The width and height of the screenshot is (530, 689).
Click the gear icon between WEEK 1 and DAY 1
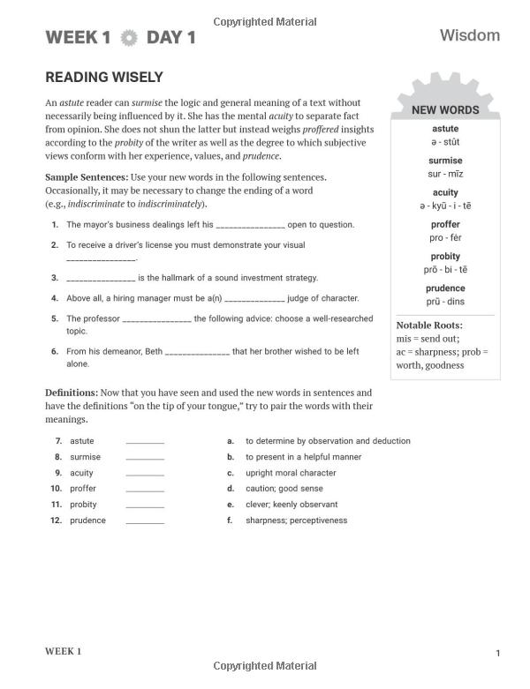[129, 38]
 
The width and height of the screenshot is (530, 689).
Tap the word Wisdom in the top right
[469, 35]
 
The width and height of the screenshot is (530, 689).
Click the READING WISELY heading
[104, 78]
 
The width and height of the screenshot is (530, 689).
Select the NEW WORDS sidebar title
[445, 110]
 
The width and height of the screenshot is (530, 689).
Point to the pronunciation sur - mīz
[445, 174]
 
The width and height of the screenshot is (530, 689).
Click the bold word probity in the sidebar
[445, 257]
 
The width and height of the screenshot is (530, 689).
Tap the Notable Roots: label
[428, 326]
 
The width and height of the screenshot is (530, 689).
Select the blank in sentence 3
[100, 279]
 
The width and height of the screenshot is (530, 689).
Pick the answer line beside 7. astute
[145, 442]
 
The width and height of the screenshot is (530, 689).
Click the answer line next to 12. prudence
[145, 522]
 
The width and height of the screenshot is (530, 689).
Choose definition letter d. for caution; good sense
[231, 489]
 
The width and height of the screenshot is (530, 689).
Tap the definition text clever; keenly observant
[291, 505]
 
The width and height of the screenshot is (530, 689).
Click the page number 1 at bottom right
[497, 654]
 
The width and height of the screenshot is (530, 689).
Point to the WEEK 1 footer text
[63, 651]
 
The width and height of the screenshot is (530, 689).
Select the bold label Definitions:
[72, 393]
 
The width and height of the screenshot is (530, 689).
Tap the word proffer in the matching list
[83, 489]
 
